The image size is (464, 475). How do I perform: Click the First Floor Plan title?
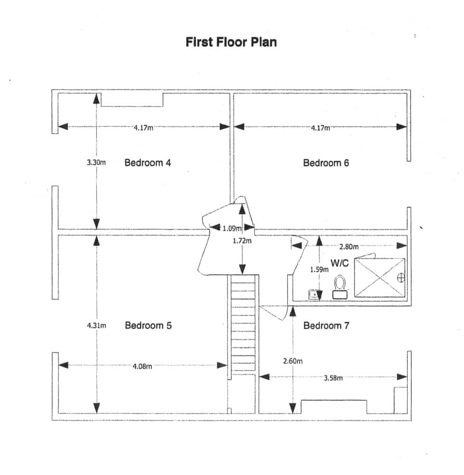pos(231,42)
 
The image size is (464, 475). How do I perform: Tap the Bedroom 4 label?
pos(148,162)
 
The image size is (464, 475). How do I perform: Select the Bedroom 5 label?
pos(148,325)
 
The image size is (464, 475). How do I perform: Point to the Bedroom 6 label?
pos(326,163)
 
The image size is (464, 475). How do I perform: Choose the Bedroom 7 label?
pos(326,326)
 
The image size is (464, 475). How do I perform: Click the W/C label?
pos(340,263)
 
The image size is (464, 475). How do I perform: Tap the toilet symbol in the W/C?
pos(340,287)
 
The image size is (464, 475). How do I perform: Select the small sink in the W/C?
pos(314,294)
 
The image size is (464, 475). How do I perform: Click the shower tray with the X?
pos(380,277)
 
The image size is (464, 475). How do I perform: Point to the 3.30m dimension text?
pos(96,162)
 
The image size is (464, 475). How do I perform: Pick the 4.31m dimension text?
pos(96,326)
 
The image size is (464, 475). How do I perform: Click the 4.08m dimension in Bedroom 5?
pos(142,366)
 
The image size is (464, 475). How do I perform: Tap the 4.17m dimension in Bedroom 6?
pos(321,128)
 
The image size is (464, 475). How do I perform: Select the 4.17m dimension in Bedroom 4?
pos(143,127)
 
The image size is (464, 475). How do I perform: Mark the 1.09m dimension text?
pos(232,228)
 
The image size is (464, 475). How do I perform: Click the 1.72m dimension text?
pos(242,241)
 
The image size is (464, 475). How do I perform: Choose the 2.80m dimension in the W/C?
pos(349,247)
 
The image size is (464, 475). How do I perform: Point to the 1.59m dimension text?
pos(319,269)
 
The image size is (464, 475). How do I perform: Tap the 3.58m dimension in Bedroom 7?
pos(334,378)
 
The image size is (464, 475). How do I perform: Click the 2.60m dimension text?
pos(293,361)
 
